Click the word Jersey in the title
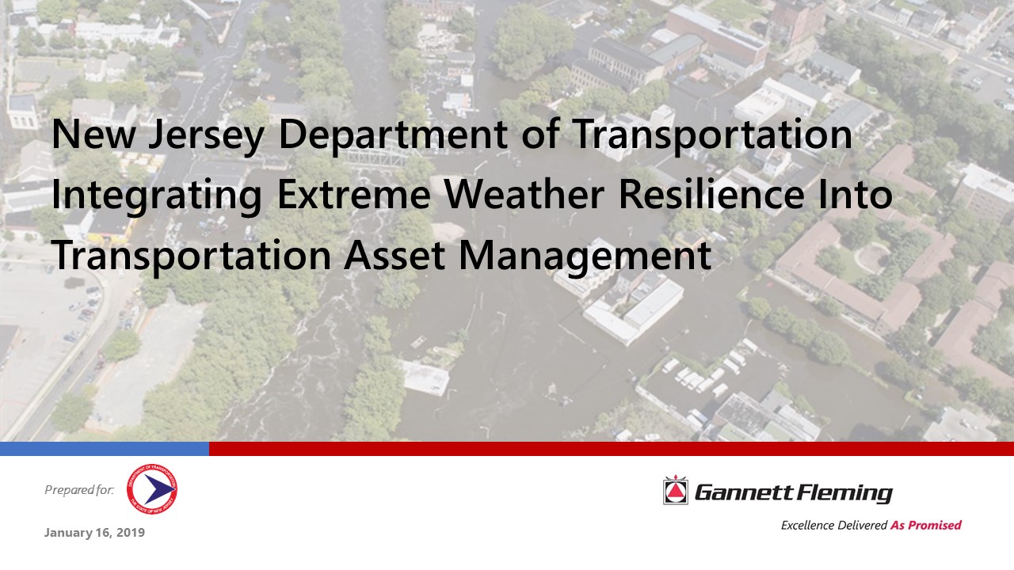coord(207,135)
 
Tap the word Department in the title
coord(393,135)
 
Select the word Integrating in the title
coord(157,196)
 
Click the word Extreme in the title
coord(353,195)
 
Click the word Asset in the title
coord(395,256)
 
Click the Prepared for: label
coord(79,490)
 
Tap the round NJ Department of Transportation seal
coord(152,489)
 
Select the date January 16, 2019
coord(94,533)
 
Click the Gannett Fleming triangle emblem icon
coord(676,490)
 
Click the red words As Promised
coord(926,525)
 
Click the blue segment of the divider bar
coord(105,449)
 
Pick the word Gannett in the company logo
coord(743,492)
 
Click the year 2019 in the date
coord(131,533)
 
